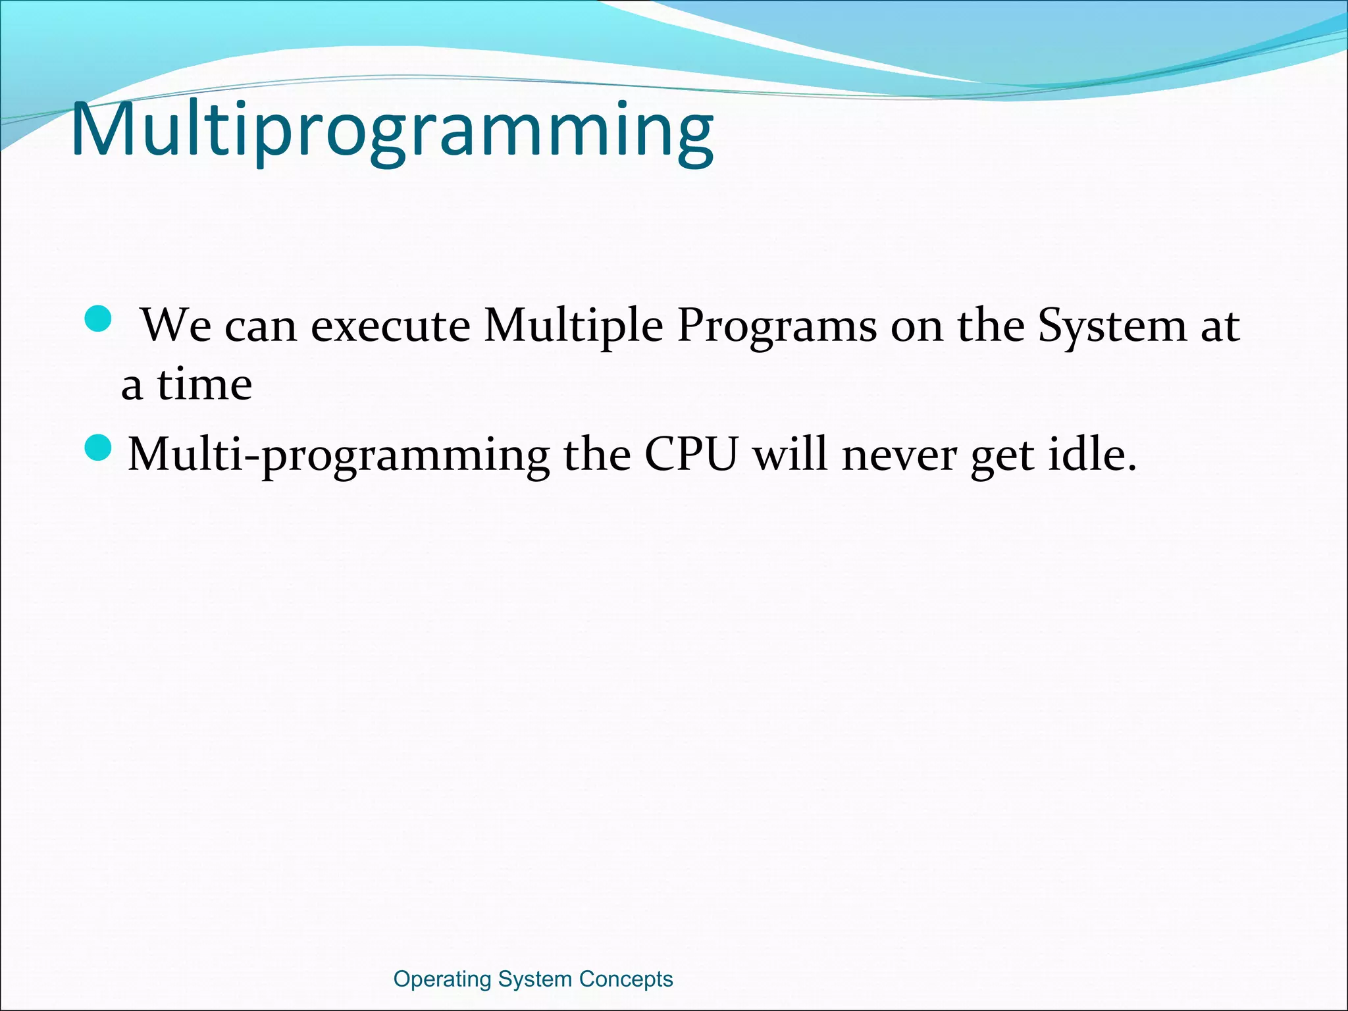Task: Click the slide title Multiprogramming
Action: tap(392, 130)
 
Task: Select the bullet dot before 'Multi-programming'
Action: tap(99, 448)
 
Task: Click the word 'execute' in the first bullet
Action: tap(390, 326)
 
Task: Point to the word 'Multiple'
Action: tap(573, 326)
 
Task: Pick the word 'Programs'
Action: tap(777, 326)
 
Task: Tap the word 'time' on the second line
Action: tap(204, 384)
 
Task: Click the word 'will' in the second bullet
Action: tap(790, 454)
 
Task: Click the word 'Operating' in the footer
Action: tap(442, 979)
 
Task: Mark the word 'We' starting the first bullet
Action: tap(176, 326)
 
